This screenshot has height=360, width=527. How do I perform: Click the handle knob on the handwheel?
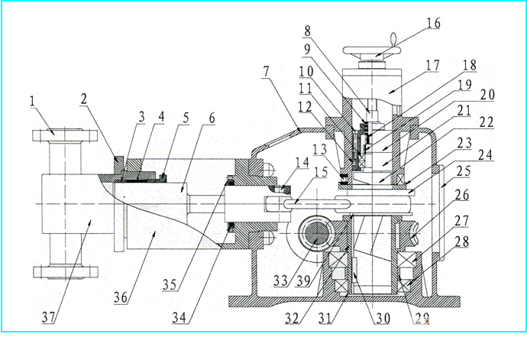[393, 36]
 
